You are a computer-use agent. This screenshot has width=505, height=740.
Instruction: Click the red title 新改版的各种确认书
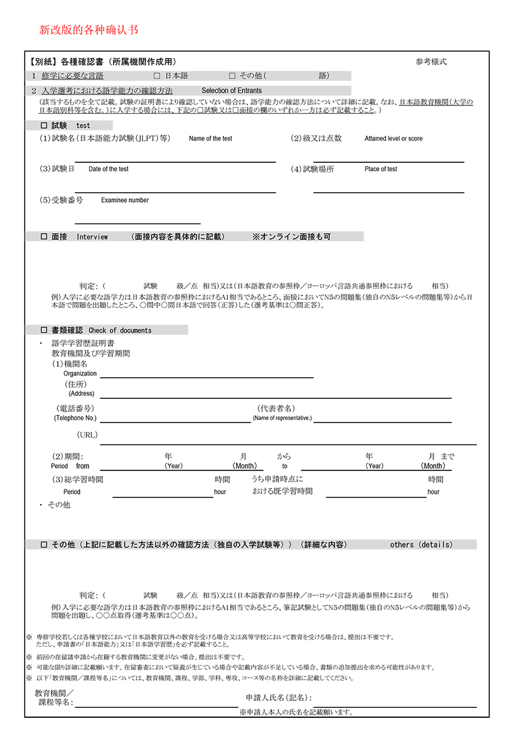(x=88, y=30)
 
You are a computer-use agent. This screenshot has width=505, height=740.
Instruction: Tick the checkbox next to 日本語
(x=157, y=76)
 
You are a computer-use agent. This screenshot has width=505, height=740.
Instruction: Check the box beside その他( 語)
(x=232, y=76)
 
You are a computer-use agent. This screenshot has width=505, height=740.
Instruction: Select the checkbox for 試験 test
(x=44, y=126)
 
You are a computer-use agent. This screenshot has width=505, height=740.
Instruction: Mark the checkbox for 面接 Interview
(x=44, y=237)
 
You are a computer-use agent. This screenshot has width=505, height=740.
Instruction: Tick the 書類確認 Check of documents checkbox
(x=44, y=330)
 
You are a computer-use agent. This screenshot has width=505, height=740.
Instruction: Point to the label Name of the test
(x=210, y=139)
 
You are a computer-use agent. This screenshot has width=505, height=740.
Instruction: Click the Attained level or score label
(x=393, y=139)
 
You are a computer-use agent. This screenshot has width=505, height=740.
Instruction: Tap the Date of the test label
(x=108, y=169)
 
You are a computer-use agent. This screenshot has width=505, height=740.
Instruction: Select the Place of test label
(x=381, y=169)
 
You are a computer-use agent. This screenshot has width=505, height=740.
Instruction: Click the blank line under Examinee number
(x=138, y=223)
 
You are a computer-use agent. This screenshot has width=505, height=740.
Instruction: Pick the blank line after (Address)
(x=276, y=398)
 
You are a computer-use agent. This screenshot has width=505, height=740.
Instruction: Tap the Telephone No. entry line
(x=175, y=421)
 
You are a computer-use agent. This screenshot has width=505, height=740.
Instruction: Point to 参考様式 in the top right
(x=431, y=62)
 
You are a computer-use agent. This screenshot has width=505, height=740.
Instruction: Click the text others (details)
(x=421, y=544)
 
